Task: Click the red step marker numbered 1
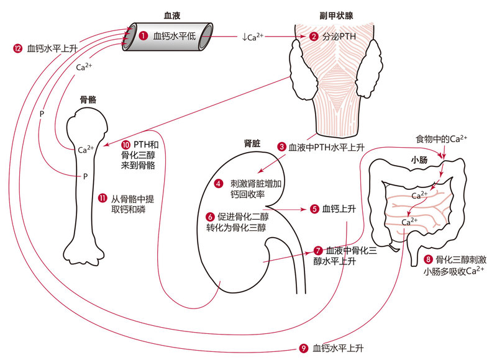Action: (144, 36)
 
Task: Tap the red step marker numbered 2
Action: (313, 37)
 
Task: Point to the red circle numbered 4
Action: (218, 183)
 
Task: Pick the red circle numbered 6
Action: (210, 217)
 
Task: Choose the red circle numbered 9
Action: (303, 348)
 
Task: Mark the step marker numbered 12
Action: (17, 47)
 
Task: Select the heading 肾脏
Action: (252, 143)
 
